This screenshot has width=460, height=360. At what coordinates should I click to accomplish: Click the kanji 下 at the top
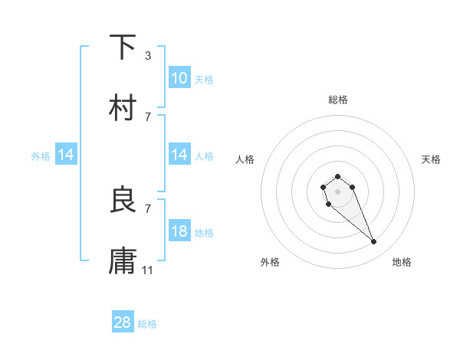(x=123, y=47)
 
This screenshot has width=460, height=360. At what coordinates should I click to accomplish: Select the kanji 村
(x=123, y=108)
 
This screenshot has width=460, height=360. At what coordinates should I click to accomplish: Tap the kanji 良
(x=123, y=200)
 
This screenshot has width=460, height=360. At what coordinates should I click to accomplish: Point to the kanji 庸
(x=123, y=261)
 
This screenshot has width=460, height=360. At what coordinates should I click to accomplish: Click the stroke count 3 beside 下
(x=148, y=55)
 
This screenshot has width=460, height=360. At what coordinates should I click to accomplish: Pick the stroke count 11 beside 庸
(x=148, y=270)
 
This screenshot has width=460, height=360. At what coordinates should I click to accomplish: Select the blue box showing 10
(x=179, y=78)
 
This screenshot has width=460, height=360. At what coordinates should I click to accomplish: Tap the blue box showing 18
(x=179, y=231)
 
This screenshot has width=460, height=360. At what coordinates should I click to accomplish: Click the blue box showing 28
(x=123, y=322)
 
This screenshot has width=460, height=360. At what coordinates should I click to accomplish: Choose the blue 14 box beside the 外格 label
(x=66, y=155)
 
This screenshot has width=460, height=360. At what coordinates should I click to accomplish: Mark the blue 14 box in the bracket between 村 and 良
(x=179, y=155)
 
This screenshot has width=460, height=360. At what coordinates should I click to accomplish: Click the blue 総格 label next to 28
(x=147, y=324)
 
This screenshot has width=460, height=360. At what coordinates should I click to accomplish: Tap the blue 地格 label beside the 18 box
(x=204, y=232)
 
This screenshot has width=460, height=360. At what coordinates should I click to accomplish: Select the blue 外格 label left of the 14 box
(x=41, y=156)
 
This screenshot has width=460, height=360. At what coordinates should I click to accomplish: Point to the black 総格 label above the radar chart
(x=338, y=100)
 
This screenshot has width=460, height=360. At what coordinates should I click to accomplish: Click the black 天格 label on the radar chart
(x=431, y=159)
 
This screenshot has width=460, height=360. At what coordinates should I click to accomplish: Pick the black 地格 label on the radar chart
(x=402, y=262)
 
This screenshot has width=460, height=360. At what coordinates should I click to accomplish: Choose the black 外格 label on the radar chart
(x=270, y=262)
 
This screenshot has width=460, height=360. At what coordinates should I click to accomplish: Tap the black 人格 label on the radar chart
(x=245, y=159)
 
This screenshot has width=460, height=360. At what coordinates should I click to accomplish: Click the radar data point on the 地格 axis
(x=374, y=242)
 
